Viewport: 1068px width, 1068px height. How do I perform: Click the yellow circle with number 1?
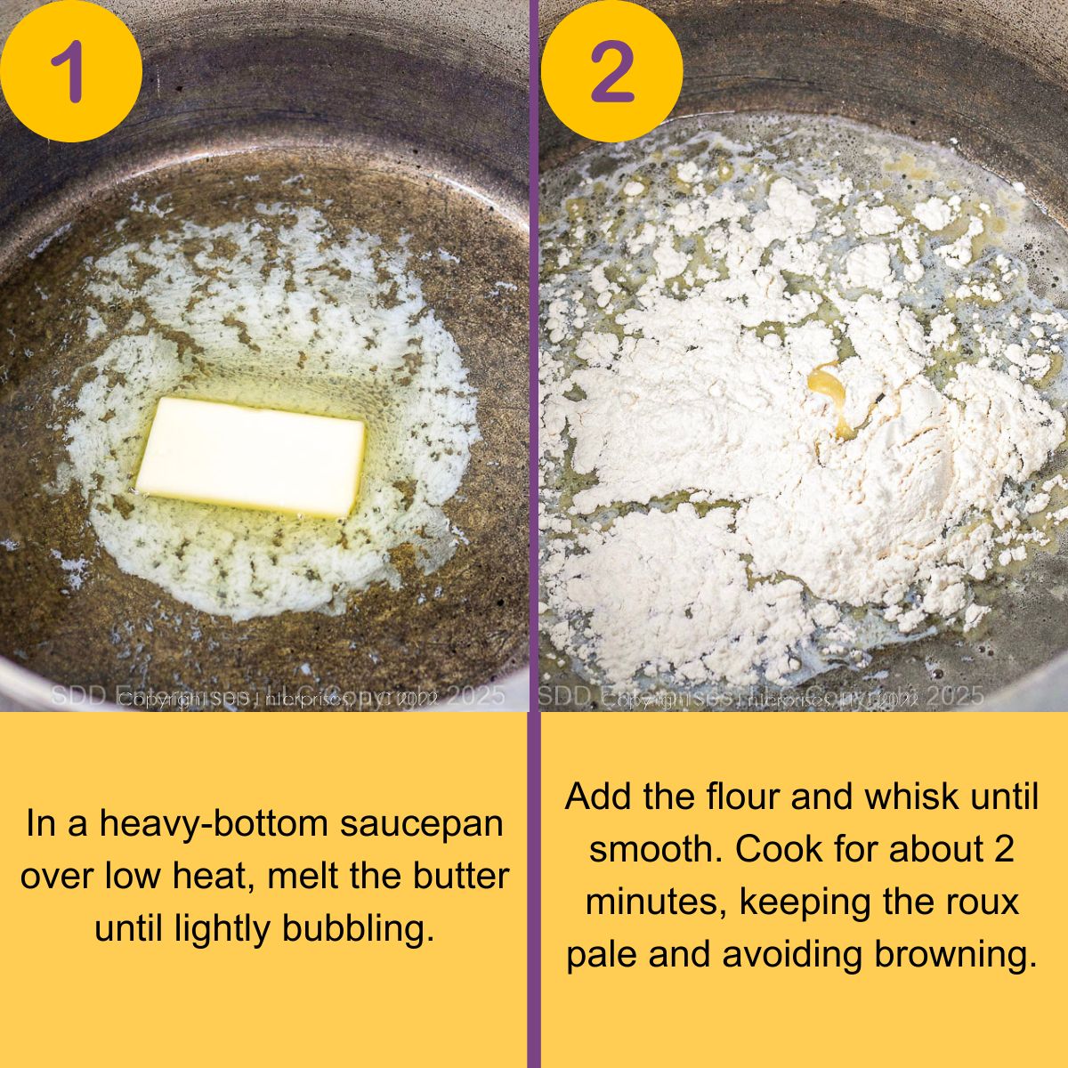70,70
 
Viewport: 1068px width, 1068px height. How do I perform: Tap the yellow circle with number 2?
611,70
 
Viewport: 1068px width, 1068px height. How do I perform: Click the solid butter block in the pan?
251,456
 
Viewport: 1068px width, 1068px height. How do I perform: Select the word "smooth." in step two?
656,849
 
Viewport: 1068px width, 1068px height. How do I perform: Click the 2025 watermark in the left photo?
475,695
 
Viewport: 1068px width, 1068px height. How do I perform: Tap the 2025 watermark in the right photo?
953,695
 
